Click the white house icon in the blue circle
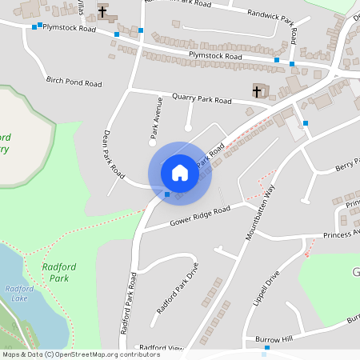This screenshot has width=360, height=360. [179, 172]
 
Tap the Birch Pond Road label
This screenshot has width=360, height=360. [74, 82]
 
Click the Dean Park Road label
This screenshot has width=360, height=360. [114, 154]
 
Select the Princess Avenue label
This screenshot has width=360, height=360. [341, 235]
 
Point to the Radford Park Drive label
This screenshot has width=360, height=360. [177, 290]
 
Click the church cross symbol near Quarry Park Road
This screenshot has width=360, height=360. [258, 90]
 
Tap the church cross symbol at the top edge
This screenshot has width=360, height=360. [103, 11]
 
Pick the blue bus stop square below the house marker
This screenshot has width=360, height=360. [166, 194]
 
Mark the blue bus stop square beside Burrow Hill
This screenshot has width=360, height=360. [266, 348]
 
